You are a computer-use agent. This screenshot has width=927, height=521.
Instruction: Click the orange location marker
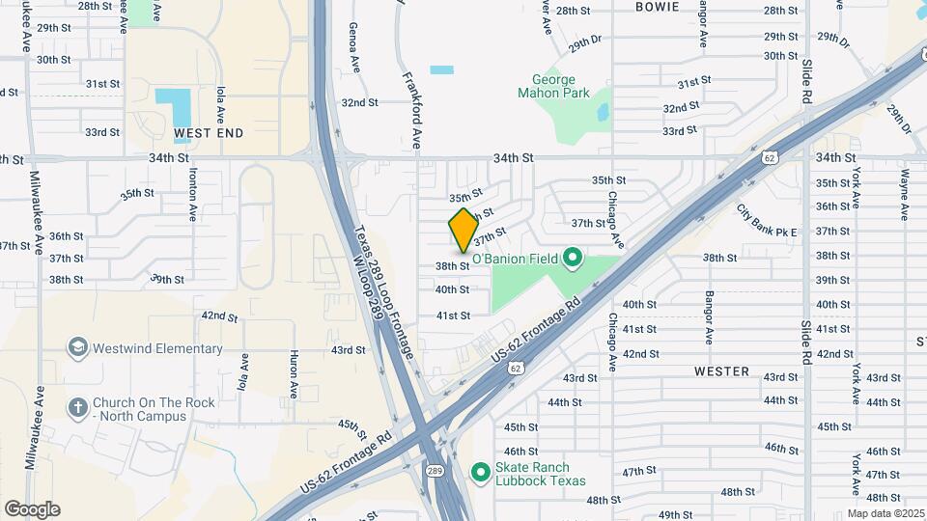tap(463, 230)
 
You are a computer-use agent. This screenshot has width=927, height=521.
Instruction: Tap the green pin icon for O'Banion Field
tap(572, 257)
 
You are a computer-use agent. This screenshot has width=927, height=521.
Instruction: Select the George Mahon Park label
tap(553, 87)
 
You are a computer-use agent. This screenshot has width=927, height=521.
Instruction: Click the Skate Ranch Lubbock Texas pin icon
tap(480, 472)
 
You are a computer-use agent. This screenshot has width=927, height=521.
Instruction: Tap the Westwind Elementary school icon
tap(78, 347)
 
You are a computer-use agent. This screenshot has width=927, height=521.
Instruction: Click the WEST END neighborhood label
tap(209, 132)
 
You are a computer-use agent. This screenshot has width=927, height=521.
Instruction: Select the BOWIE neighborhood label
tap(657, 7)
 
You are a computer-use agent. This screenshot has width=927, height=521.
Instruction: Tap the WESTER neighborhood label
tap(721, 371)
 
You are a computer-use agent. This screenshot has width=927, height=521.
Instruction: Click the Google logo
tap(32, 508)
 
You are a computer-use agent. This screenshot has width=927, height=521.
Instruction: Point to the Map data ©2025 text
tap(885, 513)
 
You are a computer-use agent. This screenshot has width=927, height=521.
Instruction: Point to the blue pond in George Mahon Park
tap(603, 112)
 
